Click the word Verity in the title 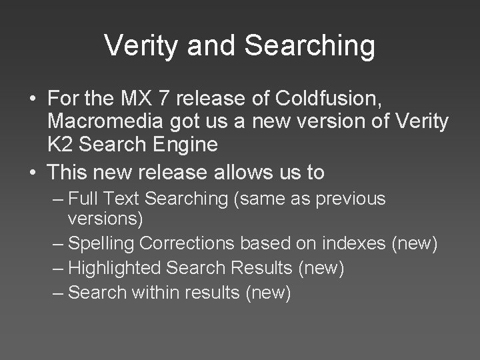coord(137,46)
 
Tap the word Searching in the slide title coord(310,46)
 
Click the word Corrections coord(176,244)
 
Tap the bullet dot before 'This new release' coord(32,173)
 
